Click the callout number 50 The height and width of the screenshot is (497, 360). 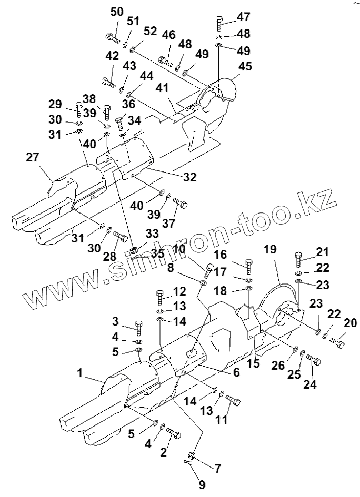[117, 13]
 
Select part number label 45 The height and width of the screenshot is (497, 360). [245, 66]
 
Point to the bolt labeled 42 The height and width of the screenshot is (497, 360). [108, 83]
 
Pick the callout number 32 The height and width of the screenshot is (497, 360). [189, 177]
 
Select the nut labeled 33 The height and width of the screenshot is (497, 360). [133, 249]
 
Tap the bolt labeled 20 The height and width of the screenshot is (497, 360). [337, 341]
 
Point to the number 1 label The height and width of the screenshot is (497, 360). [79, 373]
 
